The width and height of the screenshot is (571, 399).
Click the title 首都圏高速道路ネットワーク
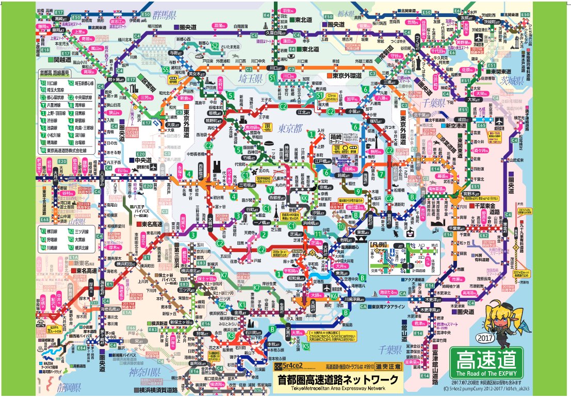pyautogui.click(x=338, y=379)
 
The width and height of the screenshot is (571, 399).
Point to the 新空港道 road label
pyautogui.click(x=458, y=125)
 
